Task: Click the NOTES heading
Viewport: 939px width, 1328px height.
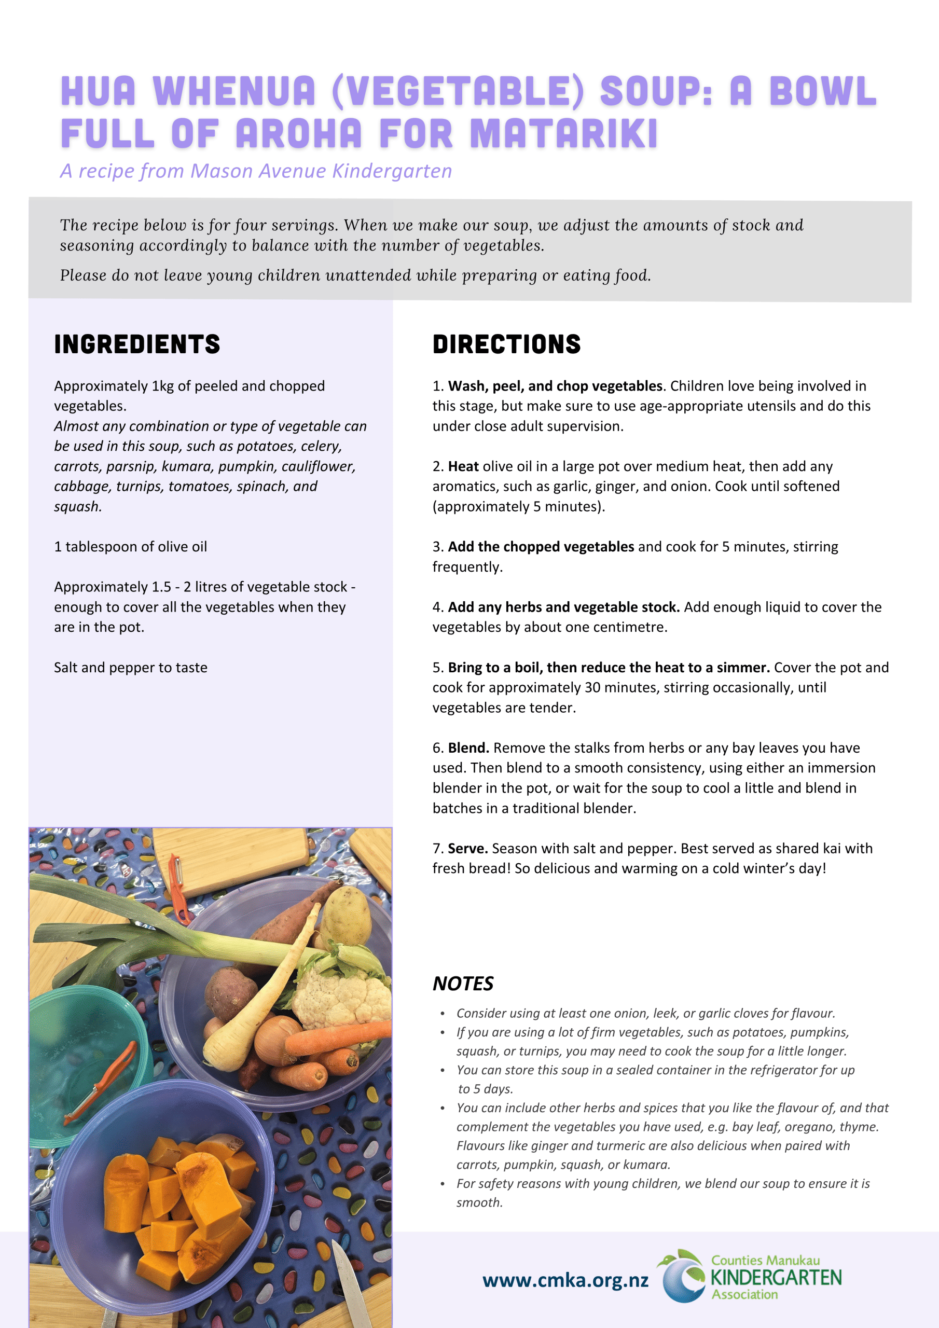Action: [463, 983]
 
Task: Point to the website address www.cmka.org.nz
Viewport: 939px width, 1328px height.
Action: [565, 1280]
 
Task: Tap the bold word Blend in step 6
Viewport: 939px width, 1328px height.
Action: [467, 748]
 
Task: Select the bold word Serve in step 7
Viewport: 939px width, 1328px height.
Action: [467, 849]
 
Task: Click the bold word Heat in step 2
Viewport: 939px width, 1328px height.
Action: [463, 466]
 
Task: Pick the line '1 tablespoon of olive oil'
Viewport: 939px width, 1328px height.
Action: [131, 547]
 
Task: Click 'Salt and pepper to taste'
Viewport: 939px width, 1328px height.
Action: [131, 668]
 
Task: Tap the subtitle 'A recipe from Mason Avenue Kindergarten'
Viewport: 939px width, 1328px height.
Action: [256, 171]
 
